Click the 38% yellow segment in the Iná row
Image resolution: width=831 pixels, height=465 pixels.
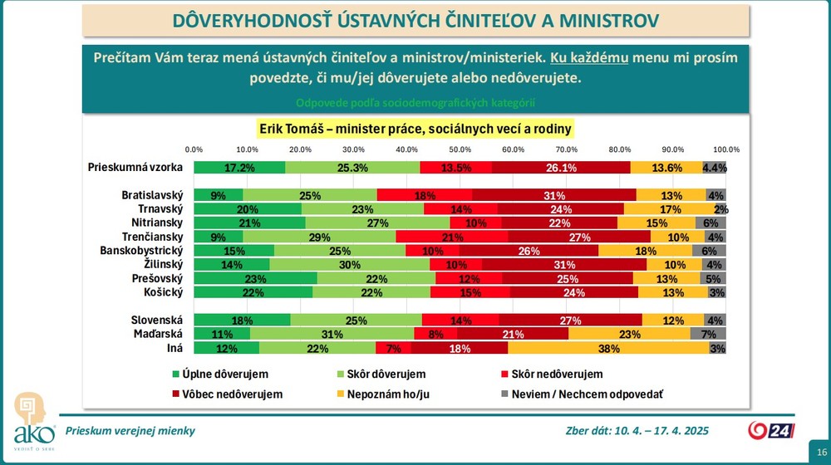point(608,348)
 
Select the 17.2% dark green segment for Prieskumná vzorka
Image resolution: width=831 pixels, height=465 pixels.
point(239,167)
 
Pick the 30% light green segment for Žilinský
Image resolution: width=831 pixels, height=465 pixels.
point(350,264)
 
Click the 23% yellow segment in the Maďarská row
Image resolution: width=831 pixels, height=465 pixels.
point(629,334)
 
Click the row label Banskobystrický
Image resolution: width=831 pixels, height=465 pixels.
point(140,251)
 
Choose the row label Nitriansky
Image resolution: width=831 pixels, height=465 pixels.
point(156,223)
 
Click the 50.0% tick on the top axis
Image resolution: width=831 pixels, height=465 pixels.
point(460,149)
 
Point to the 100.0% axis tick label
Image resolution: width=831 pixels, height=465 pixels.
point(725,149)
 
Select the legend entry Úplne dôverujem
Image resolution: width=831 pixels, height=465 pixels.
point(219,374)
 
